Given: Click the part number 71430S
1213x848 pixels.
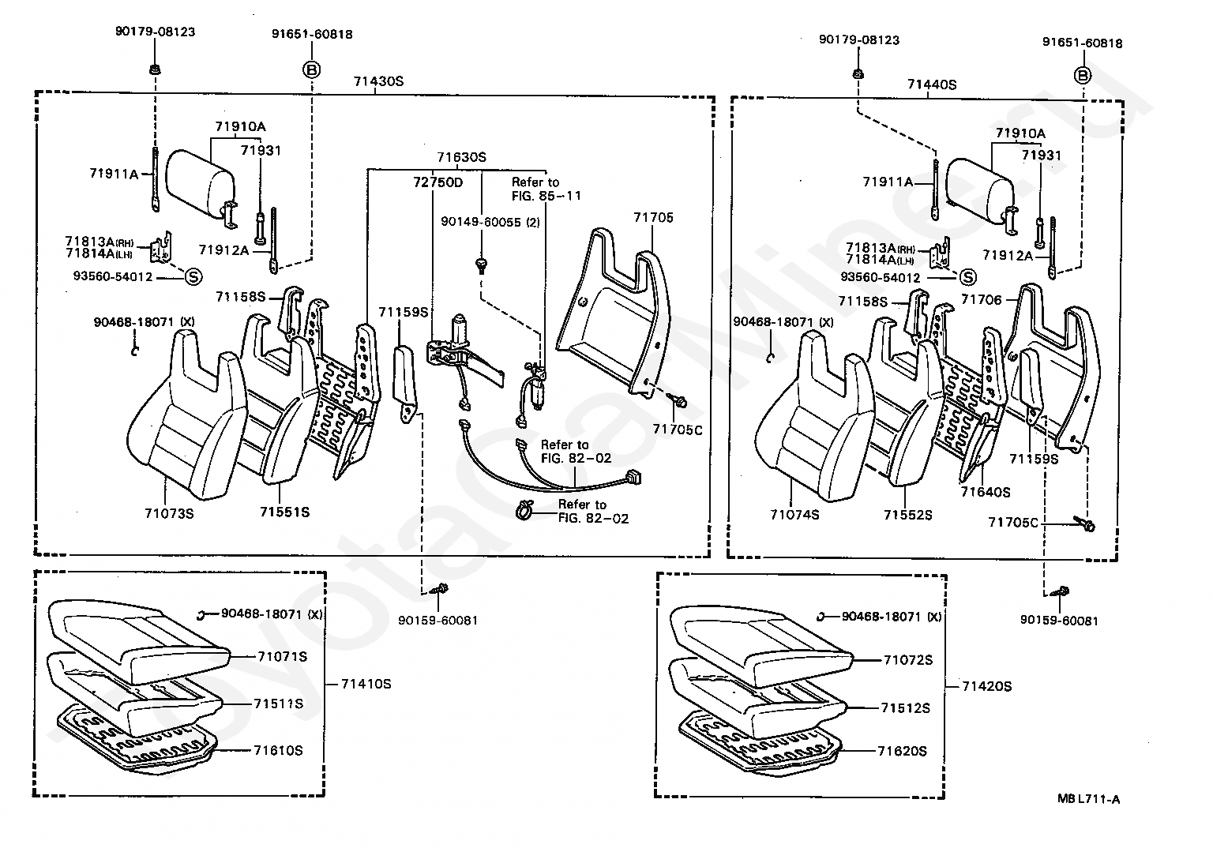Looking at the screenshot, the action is tap(378, 81).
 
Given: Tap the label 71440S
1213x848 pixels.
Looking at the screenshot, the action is tap(932, 84).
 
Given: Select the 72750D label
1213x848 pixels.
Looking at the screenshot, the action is tap(438, 182).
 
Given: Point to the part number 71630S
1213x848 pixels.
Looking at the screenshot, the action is tap(462, 157).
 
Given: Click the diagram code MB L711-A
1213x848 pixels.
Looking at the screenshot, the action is tap(1088, 799).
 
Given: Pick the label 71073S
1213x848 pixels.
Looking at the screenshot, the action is tap(169, 513).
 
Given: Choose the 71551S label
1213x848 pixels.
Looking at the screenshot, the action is tap(285, 512).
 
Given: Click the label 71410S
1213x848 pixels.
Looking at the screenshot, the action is tap(366, 684).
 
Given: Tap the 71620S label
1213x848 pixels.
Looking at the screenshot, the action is tap(902, 751).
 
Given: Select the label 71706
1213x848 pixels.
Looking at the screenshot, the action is tap(982, 299).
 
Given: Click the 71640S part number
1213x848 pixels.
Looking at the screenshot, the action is tap(986, 492).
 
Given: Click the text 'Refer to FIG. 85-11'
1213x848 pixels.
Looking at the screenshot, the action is tap(546, 189).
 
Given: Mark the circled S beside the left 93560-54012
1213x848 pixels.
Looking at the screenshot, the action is tap(193, 277).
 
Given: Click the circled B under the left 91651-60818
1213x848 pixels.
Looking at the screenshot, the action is tap(312, 69).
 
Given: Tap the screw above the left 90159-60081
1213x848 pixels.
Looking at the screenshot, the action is tap(440, 589).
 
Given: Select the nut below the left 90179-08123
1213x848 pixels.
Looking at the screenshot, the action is tap(155, 69).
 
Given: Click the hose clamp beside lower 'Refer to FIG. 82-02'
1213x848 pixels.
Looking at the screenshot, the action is tap(524, 510).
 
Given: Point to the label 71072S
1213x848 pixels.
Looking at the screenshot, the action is tap(908, 660).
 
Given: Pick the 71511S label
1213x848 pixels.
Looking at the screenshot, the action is tap(278, 704).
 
